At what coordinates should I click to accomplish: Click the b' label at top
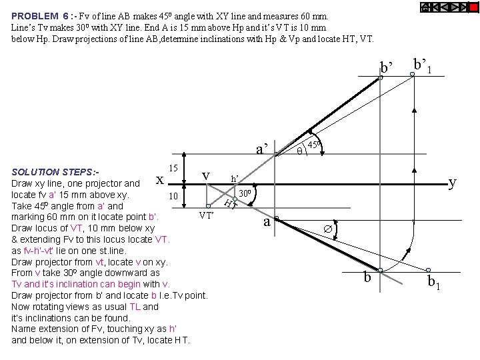(x=386, y=67)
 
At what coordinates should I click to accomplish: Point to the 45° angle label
(x=314, y=145)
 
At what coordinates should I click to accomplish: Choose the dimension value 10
(x=173, y=197)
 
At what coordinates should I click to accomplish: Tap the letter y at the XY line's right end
(x=453, y=181)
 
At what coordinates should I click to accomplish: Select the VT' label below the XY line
(x=206, y=215)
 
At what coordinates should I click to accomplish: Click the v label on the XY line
(x=206, y=175)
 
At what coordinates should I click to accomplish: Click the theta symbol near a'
(x=299, y=151)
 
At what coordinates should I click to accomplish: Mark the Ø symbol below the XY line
(x=327, y=228)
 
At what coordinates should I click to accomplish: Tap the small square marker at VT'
(x=209, y=206)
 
